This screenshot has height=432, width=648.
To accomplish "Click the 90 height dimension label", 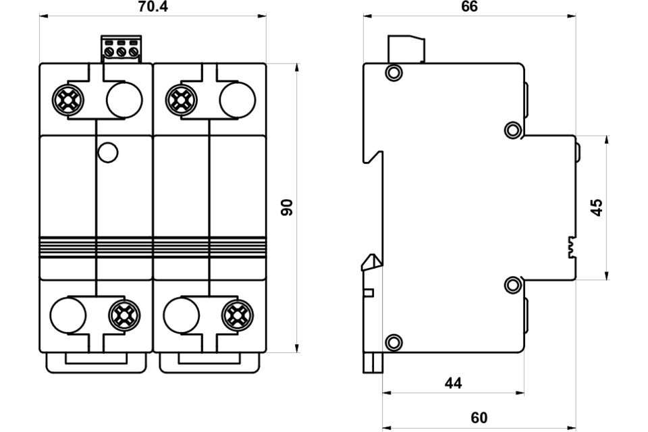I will [x=288, y=207].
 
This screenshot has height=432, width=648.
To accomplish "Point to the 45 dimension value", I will [x=596, y=207].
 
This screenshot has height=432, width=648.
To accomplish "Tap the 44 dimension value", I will [x=454, y=383].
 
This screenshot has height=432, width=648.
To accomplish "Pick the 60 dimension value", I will [x=479, y=418].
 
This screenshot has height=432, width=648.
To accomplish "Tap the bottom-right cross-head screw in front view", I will [x=237, y=314].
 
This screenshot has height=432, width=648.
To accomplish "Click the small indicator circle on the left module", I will [x=107, y=153].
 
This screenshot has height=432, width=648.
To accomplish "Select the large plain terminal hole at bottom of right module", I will [x=181, y=315].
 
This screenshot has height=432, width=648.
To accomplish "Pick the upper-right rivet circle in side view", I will [x=513, y=130].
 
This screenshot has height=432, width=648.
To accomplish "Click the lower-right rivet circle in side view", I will [x=513, y=285].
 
